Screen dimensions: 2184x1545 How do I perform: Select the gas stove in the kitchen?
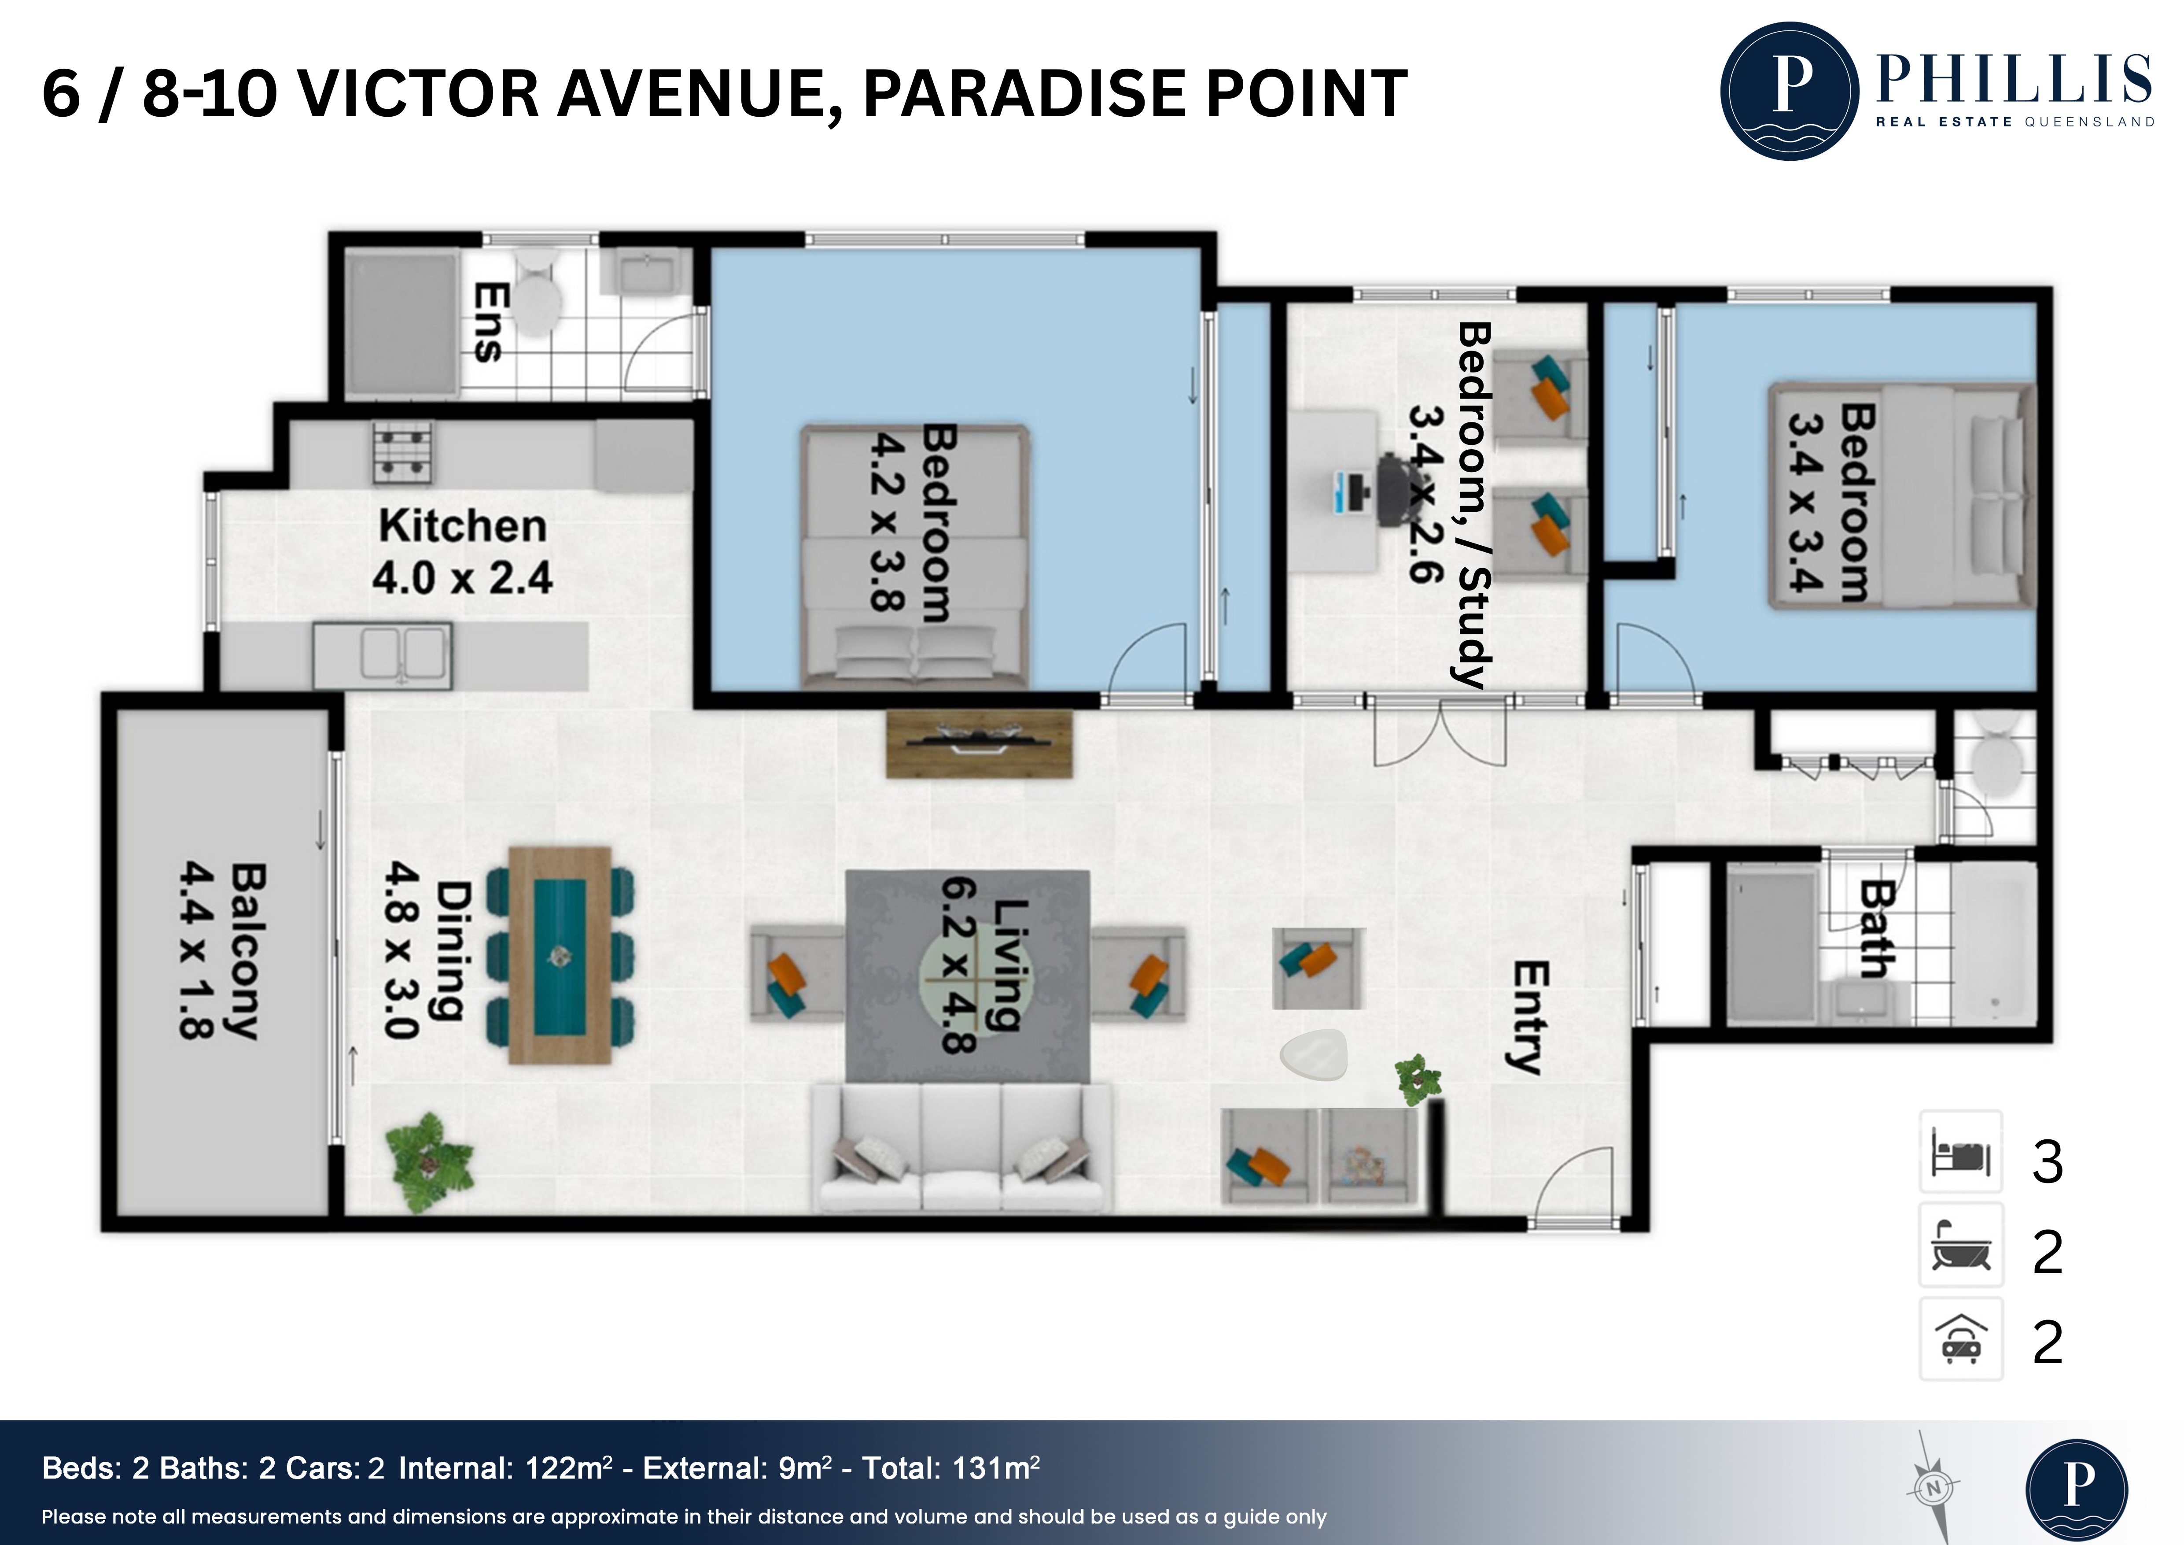(402, 452)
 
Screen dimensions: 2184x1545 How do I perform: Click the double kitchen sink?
(383, 655)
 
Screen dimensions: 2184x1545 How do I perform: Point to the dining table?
(559, 954)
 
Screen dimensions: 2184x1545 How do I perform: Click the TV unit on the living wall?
(979, 744)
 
